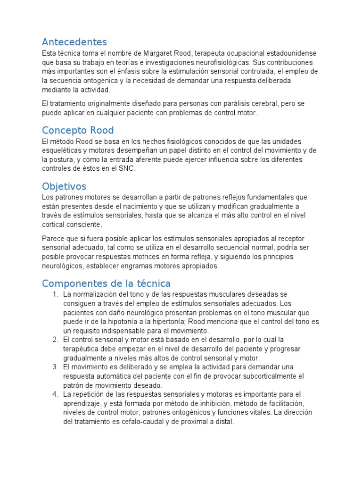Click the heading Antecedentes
[74, 42]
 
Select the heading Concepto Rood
[78, 130]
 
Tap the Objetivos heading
[64, 186]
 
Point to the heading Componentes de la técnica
[106, 283]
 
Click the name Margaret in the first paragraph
[159, 53]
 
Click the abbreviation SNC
[127, 169]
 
